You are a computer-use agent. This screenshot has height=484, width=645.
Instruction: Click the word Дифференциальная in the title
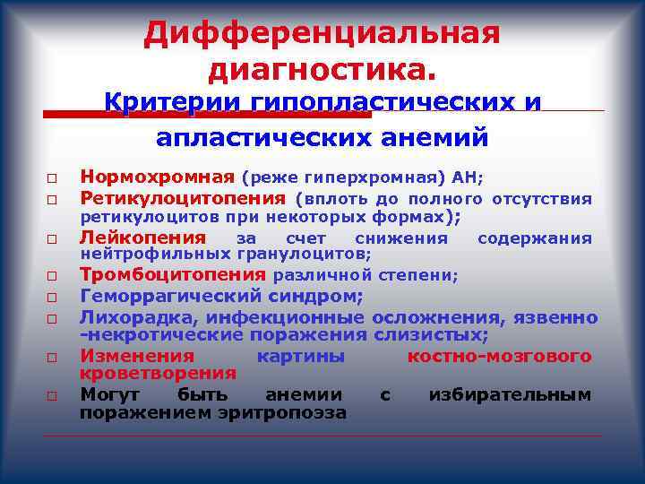(x=322, y=35)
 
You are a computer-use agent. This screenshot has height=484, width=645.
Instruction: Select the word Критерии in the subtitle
(x=160, y=102)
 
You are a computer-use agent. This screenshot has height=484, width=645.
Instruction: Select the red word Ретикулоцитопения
(x=183, y=197)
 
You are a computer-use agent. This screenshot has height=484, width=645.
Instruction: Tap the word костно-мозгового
(x=499, y=356)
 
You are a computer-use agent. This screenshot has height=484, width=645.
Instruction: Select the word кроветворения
(x=158, y=374)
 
